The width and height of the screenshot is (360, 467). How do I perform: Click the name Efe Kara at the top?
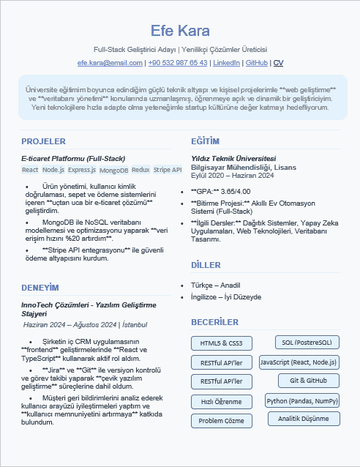click(180, 31)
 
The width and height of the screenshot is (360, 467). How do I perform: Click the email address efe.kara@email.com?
click(110, 63)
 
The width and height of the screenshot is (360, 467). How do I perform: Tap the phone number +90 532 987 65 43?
click(178, 63)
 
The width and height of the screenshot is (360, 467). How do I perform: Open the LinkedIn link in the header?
click(226, 63)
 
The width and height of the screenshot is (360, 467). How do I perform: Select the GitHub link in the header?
click(256, 63)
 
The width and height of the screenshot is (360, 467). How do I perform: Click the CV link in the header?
click(278, 63)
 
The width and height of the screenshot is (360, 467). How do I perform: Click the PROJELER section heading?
click(44, 141)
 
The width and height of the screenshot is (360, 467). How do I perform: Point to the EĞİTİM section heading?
click(205, 141)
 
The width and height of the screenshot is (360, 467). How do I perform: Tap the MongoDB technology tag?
click(113, 170)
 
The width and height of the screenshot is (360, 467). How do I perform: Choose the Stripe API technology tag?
click(167, 170)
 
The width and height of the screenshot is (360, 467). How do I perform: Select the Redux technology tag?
click(140, 170)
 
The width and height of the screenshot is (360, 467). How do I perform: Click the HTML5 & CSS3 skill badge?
click(221, 343)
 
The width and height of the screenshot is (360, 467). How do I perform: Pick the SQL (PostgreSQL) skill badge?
click(307, 342)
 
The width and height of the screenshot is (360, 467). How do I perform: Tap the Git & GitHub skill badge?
click(308, 381)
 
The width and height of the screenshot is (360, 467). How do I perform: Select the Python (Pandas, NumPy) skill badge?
click(302, 400)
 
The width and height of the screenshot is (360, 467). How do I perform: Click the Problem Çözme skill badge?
click(221, 421)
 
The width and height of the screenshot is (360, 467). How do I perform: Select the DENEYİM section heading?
click(40, 287)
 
